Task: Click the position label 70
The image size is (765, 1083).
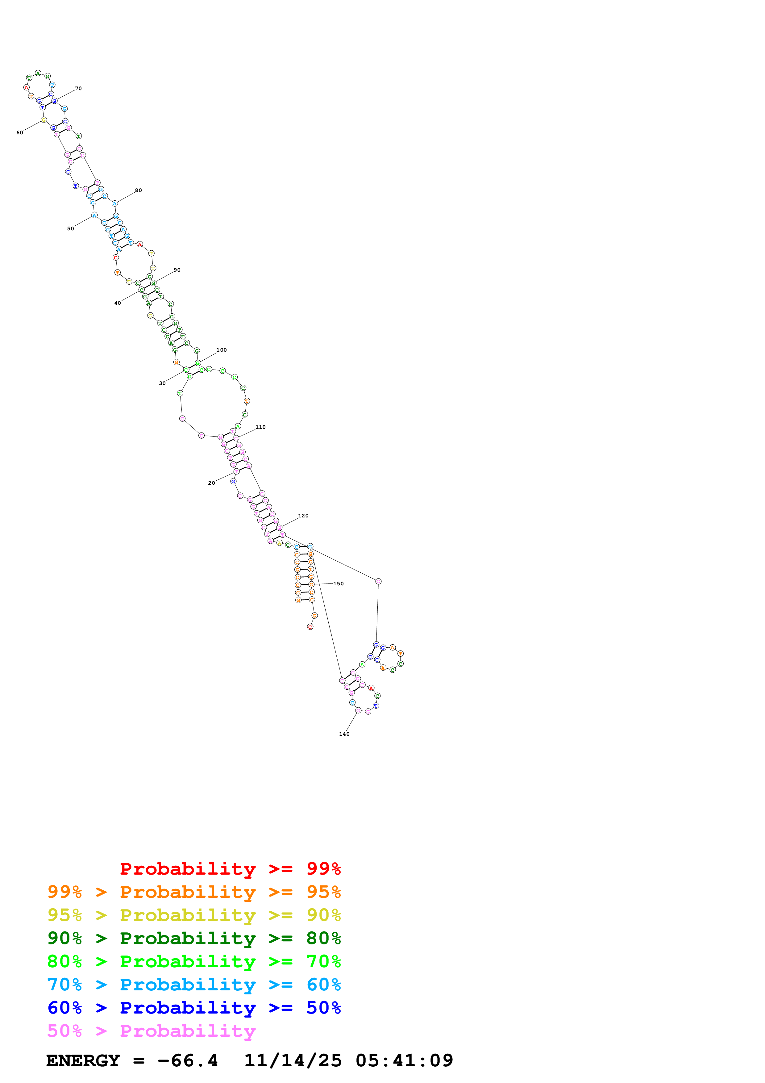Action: tap(78, 88)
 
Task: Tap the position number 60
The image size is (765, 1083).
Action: tap(20, 132)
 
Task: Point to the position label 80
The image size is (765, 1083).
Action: tap(138, 190)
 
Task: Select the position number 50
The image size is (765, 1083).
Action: tap(70, 229)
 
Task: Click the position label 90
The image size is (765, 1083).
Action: tap(177, 270)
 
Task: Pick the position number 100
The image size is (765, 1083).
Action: tap(222, 350)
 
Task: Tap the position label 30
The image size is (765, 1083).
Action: tap(162, 383)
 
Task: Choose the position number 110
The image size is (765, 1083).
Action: tap(261, 427)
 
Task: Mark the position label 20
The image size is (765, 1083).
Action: tap(211, 483)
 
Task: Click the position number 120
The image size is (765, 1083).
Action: tap(303, 516)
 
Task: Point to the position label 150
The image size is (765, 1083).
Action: tap(339, 583)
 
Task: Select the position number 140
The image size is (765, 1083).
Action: tap(344, 734)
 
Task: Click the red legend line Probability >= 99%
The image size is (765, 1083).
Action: tap(230, 869)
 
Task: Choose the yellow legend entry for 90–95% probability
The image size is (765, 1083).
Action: tap(194, 915)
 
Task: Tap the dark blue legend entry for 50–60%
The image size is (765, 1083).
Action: tap(194, 1008)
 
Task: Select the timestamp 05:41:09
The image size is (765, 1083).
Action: tap(404, 1060)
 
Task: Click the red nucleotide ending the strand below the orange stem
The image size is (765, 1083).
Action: tap(310, 627)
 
